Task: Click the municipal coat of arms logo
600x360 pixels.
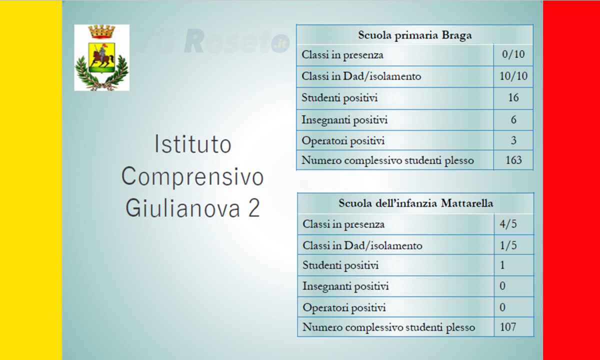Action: point(102,57)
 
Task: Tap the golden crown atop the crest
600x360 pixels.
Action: point(101,31)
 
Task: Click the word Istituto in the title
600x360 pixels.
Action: point(193,144)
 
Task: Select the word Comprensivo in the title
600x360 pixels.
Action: point(192,177)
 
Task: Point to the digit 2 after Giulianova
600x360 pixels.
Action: point(254,208)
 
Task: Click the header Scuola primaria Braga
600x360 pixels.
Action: point(414,35)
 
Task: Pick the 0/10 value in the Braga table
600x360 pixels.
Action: point(513,54)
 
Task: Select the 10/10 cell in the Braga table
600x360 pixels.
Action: point(513,76)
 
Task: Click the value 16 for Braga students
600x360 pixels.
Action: point(513,98)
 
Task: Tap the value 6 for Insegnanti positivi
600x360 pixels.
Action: point(513,119)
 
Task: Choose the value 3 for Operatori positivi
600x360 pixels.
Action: point(513,140)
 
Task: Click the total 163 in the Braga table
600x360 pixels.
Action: point(513,160)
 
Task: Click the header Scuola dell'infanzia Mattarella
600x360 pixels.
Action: point(415,203)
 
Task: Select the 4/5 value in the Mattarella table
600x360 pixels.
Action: point(508,224)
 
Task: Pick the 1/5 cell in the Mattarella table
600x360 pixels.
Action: point(508,245)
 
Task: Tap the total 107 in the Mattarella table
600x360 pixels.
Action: point(508,327)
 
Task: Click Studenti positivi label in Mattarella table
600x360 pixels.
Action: point(340,265)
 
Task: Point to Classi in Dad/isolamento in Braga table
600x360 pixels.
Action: point(361,76)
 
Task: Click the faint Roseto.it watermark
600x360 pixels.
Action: point(214,41)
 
